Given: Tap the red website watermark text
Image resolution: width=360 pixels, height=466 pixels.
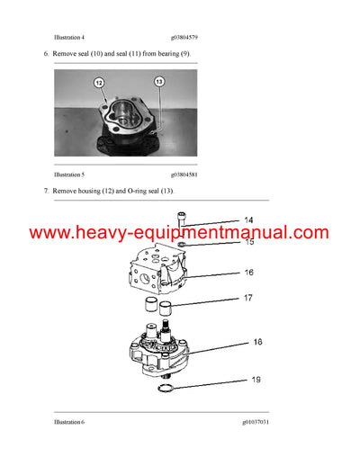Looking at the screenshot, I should (180, 233).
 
